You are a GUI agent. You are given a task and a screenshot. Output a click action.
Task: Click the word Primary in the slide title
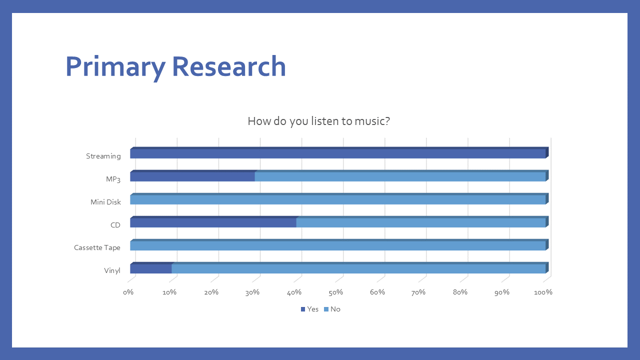(x=115, y=67)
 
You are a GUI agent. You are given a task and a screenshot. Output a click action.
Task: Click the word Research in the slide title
(x=229, y=66)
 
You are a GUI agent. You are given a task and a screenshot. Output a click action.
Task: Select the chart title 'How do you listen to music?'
(x=318, y=121)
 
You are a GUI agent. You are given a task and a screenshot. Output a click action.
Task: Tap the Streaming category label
(x=103, y=156)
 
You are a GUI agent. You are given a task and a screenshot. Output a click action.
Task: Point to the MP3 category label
(x=113, y=179)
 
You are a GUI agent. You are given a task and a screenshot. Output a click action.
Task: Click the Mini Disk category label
(x=105, y=202)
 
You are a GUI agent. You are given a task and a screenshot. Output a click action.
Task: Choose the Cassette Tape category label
(x=97, y=247)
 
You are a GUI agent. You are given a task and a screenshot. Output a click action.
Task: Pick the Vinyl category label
(x=112, y=270)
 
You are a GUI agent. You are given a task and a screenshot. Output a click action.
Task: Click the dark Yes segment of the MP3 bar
(x=192, y=176)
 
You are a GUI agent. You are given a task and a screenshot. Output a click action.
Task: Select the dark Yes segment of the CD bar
(x=213, y=222)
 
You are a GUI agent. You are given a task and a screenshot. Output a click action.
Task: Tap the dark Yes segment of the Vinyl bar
(x=151, y=268)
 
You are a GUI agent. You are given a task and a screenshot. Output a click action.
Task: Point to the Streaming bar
(x=339, y=153)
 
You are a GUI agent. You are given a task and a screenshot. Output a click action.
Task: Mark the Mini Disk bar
(x=339, y=199)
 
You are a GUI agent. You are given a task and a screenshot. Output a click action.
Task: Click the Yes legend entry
(x=309, y=309)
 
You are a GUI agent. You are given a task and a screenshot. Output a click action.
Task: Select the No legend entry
(x=332, y=309)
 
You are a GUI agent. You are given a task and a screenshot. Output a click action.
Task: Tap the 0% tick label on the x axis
(x=128, y=292)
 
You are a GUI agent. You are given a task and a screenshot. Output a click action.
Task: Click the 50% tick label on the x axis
(x=335, y=292)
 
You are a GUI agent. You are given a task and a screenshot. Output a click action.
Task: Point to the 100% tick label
(x=543, y=292)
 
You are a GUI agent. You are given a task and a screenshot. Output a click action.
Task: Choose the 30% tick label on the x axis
(x=252, y=292)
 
